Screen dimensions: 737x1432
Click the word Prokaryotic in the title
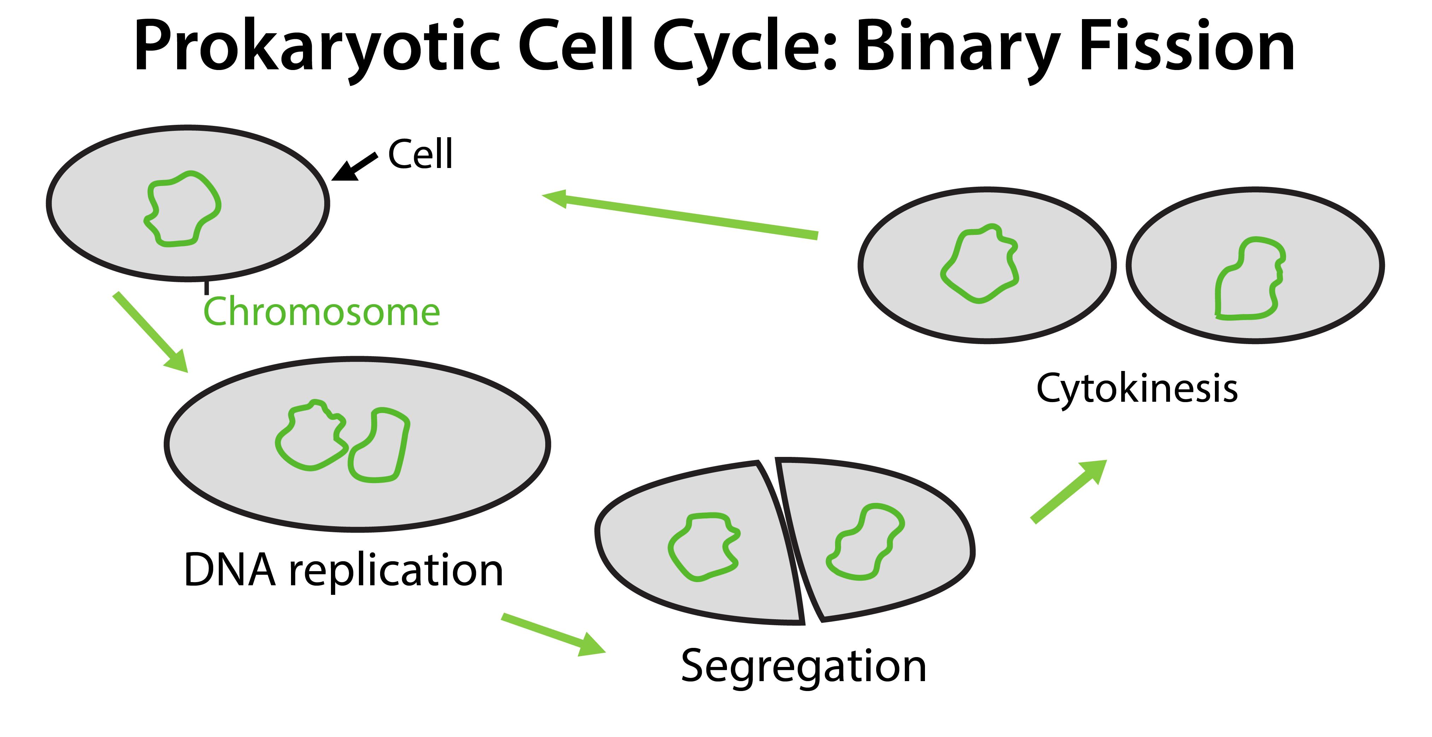point(317,47)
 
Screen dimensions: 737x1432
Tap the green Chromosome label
point(321,312)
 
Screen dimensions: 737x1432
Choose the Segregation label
point(803,666)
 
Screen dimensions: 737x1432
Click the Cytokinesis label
point(1137,388)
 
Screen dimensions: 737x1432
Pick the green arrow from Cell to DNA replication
point(150,331)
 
